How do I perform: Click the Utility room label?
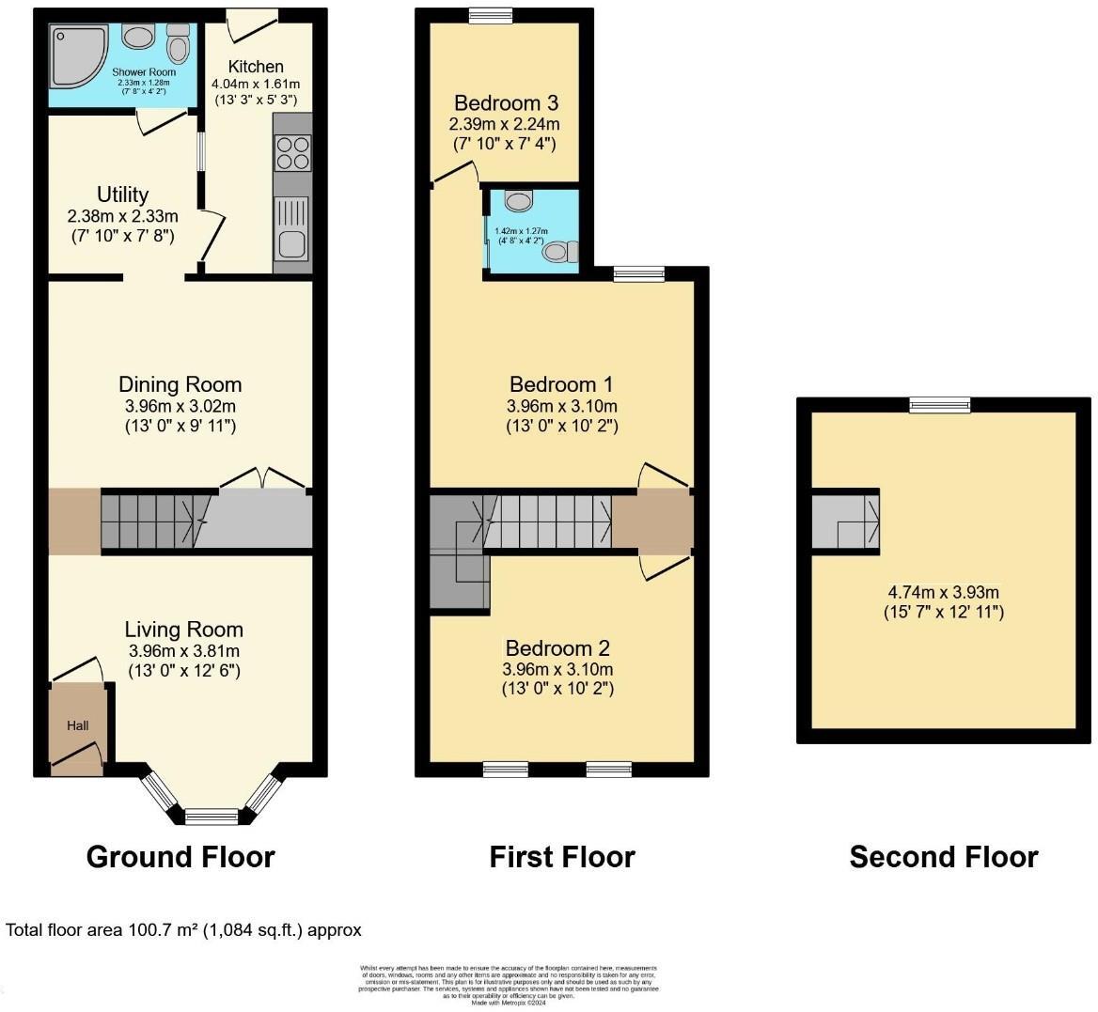pos(123,195)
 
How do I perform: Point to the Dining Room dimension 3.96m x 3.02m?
pos(180,407)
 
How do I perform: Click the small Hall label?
pos(77,725)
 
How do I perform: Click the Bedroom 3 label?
pos(504,102)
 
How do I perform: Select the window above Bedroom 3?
pos(492,14)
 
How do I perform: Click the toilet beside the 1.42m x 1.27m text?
pos(561,251)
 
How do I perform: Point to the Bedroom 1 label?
pos(561,383)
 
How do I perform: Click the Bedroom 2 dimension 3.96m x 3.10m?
pos(557,669)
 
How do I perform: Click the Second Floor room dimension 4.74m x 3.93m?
pos(943,592)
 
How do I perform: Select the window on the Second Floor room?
pos(939,404)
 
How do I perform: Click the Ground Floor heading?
pos(180,857)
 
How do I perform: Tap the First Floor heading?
pos(562,857)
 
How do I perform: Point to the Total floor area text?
pos(184,930)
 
